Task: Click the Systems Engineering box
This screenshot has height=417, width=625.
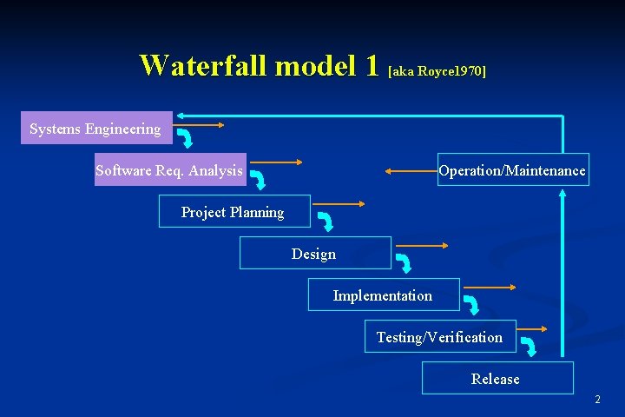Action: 96,129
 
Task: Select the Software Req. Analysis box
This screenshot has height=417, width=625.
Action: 170,170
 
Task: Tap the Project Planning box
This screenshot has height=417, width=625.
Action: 233,212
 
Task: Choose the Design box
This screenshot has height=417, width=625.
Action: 314,254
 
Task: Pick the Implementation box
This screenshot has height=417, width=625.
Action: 383,295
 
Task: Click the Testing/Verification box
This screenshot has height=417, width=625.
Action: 439,337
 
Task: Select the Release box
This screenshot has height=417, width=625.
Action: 497,379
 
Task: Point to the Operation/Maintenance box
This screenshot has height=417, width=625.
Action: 512,170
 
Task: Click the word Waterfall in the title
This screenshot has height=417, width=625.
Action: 204,65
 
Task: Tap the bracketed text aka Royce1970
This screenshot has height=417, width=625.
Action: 437,70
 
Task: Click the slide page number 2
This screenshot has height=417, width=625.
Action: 597,400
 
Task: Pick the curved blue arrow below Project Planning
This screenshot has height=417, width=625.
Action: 327,221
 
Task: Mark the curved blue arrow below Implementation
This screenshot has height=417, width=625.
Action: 471,305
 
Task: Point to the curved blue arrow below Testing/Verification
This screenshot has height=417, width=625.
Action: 528,347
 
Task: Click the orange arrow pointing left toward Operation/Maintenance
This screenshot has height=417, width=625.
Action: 411,171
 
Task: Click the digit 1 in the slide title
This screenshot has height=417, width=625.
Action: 372,65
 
